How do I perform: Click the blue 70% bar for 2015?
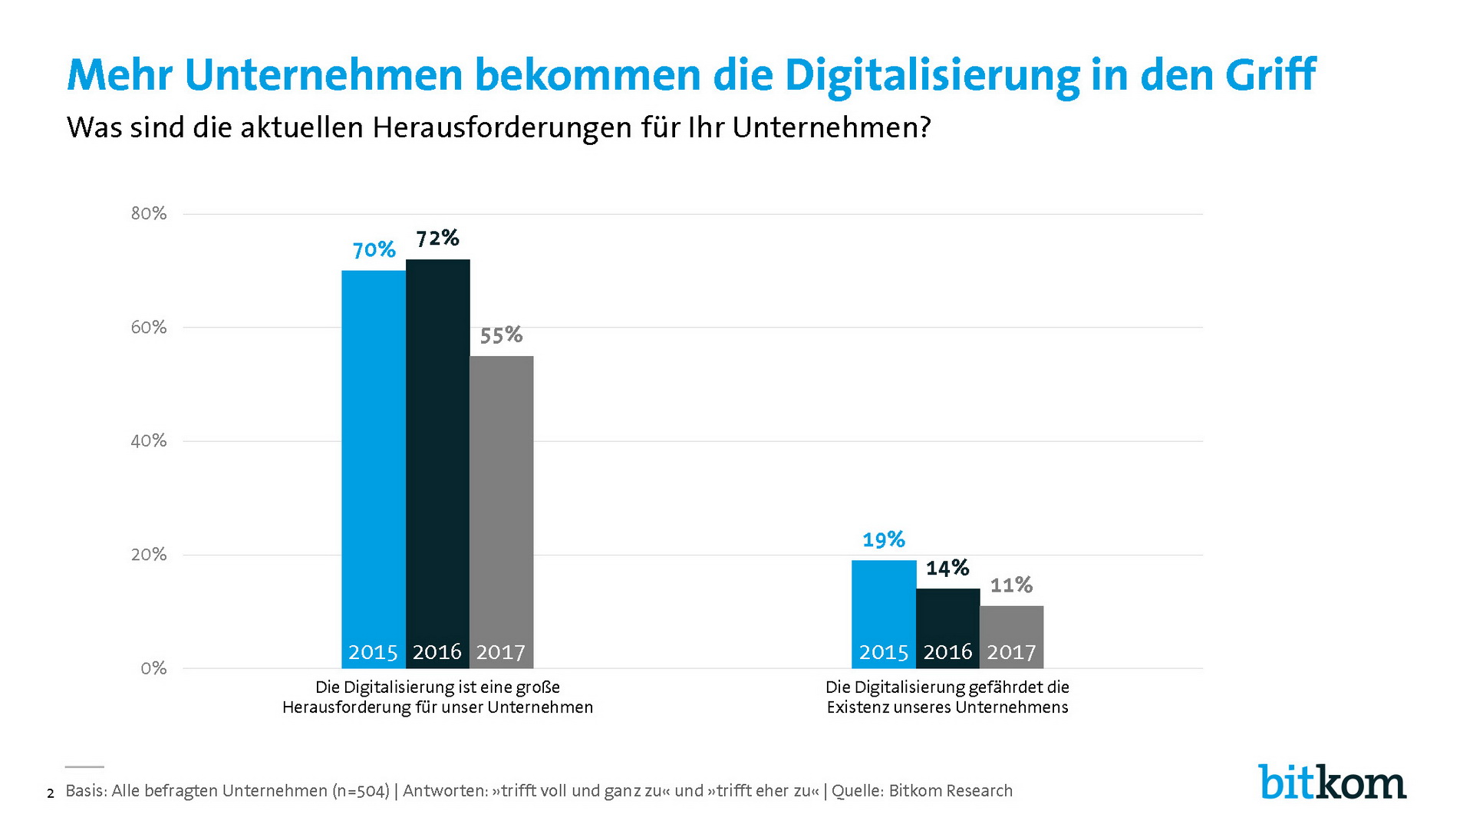[374, 460]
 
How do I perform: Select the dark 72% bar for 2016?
[437, 453]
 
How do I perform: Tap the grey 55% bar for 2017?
[501, 499]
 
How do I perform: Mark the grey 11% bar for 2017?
[1011, 625]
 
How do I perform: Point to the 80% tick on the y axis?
[149, 213]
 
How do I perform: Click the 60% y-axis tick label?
[149, 328]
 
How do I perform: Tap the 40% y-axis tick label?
[149, 441]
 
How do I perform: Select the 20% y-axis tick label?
[149, 555]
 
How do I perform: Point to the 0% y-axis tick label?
[153, 668]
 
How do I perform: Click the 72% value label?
[437, 239]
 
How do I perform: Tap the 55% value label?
[501, 335]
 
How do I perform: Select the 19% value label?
[884, 540]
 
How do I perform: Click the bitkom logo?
[1332, 783]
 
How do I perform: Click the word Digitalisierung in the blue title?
[931, 75]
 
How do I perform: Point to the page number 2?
[51, 793]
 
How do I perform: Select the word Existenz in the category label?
[856, 707]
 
